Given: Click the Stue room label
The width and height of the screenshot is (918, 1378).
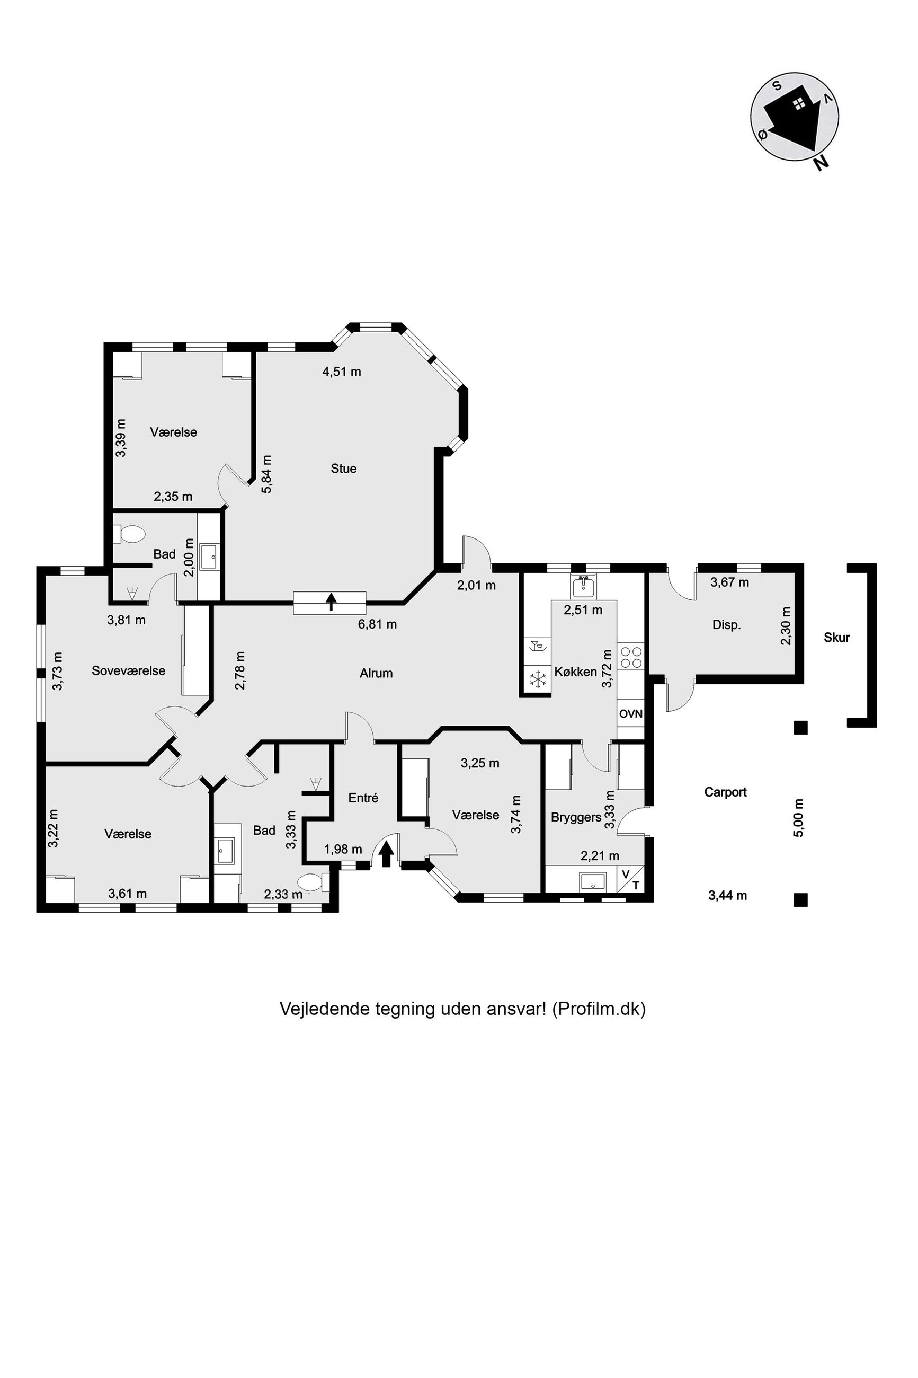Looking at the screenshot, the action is click(344, 469).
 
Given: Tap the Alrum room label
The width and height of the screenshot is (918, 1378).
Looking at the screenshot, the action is click(376, 674).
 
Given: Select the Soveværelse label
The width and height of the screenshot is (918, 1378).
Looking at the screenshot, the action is click(128, 670).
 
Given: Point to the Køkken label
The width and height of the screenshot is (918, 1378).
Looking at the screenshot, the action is click(575, 672).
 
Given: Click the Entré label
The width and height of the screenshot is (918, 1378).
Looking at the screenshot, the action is click(363, 798).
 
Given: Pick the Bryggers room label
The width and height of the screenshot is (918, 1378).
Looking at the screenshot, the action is click(576, 817).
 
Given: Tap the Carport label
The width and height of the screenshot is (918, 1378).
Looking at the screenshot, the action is click(725, 792).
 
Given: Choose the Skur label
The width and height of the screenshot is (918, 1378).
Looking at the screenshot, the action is click(836, 638).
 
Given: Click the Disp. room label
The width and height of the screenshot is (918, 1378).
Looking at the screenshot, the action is click(727, 625).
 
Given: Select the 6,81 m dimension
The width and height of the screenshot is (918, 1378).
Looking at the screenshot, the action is click(378, 624).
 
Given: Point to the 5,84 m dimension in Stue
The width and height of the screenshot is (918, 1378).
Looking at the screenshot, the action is click(266, 474).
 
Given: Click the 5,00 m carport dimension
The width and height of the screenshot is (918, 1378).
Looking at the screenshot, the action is click(799, 818).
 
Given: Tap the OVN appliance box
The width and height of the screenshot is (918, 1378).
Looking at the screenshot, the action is click(630, 714).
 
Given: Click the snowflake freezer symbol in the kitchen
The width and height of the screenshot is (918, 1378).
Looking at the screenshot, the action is click(538, 679).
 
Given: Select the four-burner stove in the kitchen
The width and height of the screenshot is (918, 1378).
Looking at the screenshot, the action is click(630, 657).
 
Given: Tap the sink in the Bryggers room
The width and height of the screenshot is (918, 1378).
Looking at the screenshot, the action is click(594, 882).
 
